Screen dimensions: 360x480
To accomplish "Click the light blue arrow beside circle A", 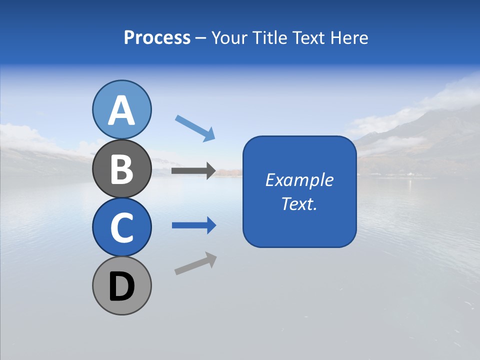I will [x=195, y=128].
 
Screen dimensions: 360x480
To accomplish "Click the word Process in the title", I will [x=157, y=37].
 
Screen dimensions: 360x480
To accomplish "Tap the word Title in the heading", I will [x=267, y=37].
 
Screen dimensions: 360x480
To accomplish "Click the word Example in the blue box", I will [x=299, y=180].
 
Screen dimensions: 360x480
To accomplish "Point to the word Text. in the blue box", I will [x=299, y=203].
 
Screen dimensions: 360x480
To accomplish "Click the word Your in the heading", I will [x=229, y=37].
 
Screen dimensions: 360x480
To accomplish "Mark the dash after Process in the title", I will [x=201, y=38].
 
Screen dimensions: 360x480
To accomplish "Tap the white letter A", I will [x=121, y=110].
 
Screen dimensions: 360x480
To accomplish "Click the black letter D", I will [x=121, y=287].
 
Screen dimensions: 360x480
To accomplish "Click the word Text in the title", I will [x=307, y=37].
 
